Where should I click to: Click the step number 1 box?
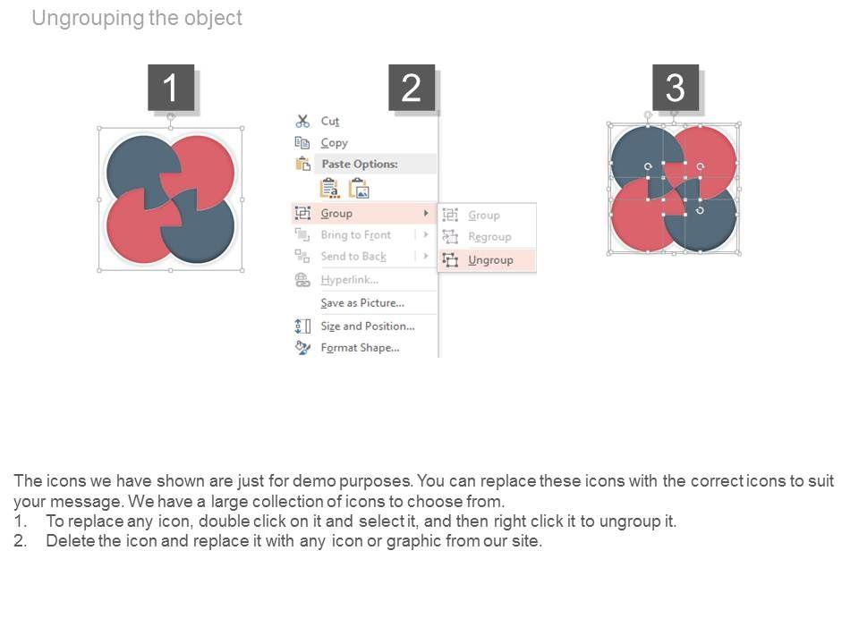coord(171,88)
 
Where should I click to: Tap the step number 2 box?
coord(412,88)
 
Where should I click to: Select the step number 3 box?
coord(675,88)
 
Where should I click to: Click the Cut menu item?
coord(330,121)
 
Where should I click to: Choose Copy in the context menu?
coord(334,143)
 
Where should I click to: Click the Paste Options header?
coord(360,164)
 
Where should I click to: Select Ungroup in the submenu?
coord(490,260)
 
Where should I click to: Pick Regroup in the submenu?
coord(489,236)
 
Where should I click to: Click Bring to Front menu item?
coord(355,235)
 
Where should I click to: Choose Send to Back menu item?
coord(353,257)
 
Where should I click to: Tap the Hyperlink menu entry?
coord(349,280)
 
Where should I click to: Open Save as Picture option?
coord(362,303)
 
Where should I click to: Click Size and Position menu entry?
coord(367,326)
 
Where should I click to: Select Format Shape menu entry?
coord(360,348)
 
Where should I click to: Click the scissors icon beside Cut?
coord(302,121)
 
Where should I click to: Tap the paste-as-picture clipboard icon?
coord(359,189)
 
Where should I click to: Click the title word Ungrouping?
coord(88,18)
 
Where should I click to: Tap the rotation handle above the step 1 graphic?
coord(171,116)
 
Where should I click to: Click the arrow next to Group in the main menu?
coord(426,213)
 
